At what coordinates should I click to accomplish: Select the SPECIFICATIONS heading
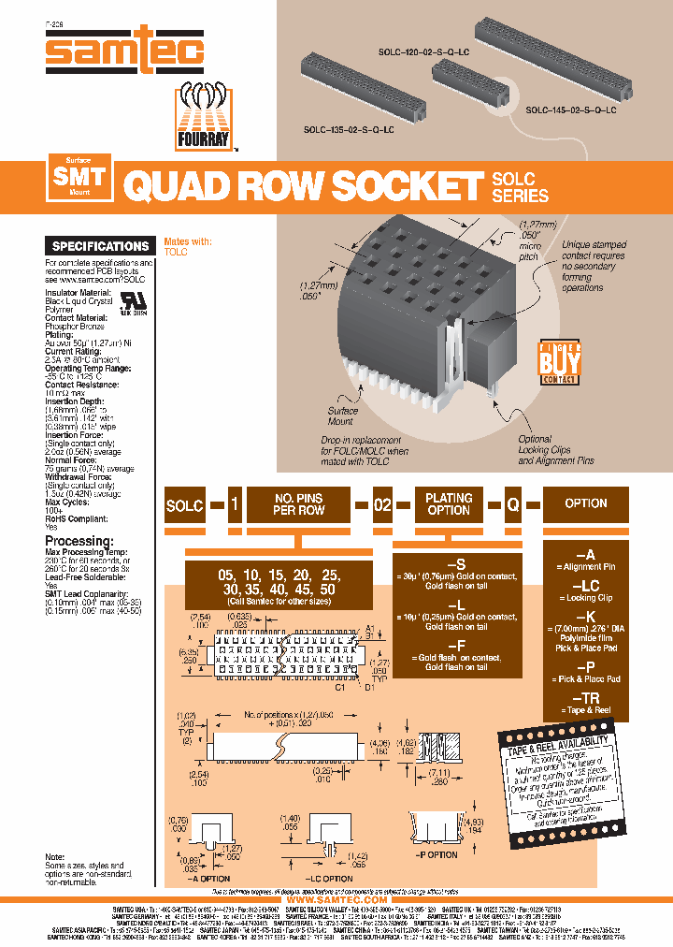pyautogui.click(x=101, y=246)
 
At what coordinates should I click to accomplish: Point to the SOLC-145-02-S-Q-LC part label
pyautogui.click(x=570, y=110)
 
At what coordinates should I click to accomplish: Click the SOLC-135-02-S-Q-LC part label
pyautogui.click(x=349, y=130)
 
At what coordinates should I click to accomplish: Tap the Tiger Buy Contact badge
pyautogui.click(x=558, y=362)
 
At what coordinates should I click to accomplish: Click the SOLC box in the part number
pyautogui.click(x=184, y=504)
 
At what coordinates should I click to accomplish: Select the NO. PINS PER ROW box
pyautogui.click(x=298, y=504)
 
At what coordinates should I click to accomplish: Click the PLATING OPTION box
pyautogui.click(x=449, y=504)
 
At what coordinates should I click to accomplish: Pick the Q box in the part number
pyautogui.click(x=513, y=504)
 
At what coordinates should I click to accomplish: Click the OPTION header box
pyautogui.click(x=586, y=503)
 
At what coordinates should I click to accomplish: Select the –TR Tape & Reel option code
pyautogui.click(x=586, y=699)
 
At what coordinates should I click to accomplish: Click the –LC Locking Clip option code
pyautogui.click(x=586, y=587)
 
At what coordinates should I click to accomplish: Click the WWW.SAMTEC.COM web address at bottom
pyautogui.click(x=336, y=900)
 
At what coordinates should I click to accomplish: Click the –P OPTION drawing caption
pyautogui.click(x=436, y=855)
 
